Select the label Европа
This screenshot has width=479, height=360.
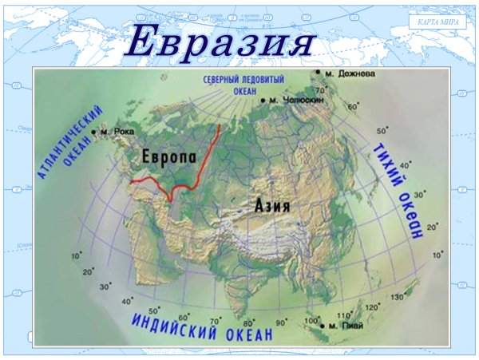[168, 156]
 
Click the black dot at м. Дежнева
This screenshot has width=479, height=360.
[318, 73]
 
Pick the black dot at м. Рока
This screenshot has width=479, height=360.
[94, 131]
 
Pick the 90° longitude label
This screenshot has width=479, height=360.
[282, 322]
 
